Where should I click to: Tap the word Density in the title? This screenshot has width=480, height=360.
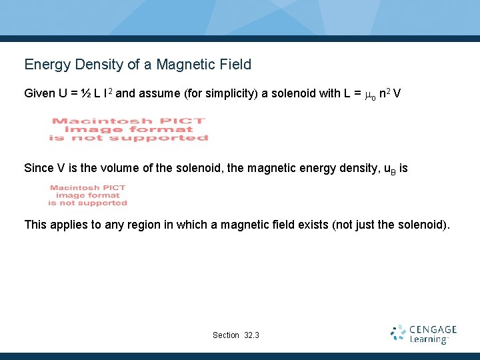(95, 65)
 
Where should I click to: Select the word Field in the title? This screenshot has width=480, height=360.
(234, 65)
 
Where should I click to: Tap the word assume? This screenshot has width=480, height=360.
(158, 93)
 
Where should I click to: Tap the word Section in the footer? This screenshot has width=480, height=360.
(226, 335)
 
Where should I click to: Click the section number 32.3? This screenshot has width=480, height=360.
(252, 335)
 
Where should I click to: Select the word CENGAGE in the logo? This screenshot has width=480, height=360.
(433, 329)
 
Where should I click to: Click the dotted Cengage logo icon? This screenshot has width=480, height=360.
(398, 333)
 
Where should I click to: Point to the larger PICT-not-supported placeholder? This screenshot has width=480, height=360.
(129, 129)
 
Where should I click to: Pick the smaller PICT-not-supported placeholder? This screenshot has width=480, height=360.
(87, 195)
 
